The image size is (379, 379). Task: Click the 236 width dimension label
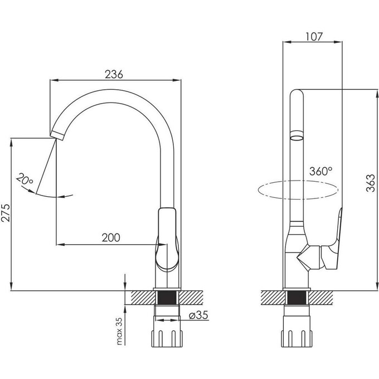[x=114, y=75]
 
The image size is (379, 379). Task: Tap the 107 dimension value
[x=314, y=37]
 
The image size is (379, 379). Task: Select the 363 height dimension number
[x=370, y=183]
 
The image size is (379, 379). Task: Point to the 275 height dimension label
[x=6, y=213]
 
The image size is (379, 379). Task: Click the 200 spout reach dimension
[x=111, y=238]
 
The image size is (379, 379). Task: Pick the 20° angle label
[x=25, y=179]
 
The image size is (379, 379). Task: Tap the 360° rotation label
[x=321, y=171]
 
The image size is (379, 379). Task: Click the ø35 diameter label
[x=198, y=315]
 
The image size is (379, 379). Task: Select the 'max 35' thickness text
[x=119, y=331]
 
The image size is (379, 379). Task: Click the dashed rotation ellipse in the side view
[x=298, y=189]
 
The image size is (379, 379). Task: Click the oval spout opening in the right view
[x=297, y=138]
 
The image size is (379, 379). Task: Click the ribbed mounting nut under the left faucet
[x=167, y=339]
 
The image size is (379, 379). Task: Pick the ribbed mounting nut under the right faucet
[x=297, y=339]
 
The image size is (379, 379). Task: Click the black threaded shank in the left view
[x=167, y=298]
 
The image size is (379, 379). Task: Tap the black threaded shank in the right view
[x=297, y=298]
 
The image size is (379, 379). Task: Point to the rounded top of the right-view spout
[x=297, y=93]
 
